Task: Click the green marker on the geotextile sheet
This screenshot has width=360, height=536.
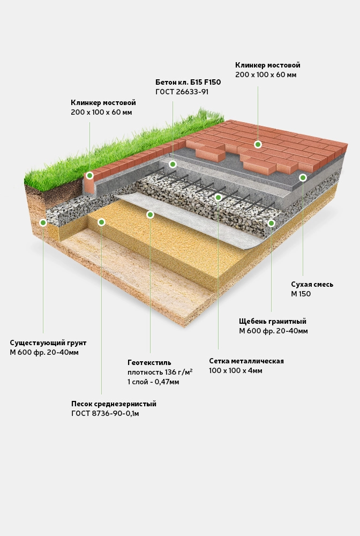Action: [x=150, y=214]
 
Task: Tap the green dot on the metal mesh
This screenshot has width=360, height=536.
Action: [x=218, y=198]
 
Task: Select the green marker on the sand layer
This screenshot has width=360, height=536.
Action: [x=101, y=222]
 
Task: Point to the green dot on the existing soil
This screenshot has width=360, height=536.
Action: [x=43, y=222]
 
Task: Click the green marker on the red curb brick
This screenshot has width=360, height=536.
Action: [x=89, y=175]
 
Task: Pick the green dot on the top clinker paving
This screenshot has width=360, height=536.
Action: [x=258, y=144]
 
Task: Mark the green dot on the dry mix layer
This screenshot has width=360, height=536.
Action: [x=303, y=177]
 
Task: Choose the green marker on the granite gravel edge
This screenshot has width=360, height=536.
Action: [x=271, y=223]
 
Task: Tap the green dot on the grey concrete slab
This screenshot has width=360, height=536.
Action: [x=172, y=164]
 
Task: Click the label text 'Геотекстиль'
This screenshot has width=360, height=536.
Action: [x=149, y=362]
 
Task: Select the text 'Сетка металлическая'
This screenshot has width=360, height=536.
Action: [x=246, y=361]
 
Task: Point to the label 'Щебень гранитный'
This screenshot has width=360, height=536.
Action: [x=273, y=321]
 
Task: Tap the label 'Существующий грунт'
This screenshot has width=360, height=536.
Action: [x=48, y=343]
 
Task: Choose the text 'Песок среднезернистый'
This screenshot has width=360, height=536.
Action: [x=114, y=404]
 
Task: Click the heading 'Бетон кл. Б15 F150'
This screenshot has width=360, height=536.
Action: [x=188, y=82]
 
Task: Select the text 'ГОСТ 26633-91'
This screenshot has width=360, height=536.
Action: [x=182, y=92]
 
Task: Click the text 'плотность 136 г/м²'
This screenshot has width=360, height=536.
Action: [x=160, y=372]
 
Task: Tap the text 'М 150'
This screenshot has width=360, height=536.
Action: [x=301, y=294]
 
